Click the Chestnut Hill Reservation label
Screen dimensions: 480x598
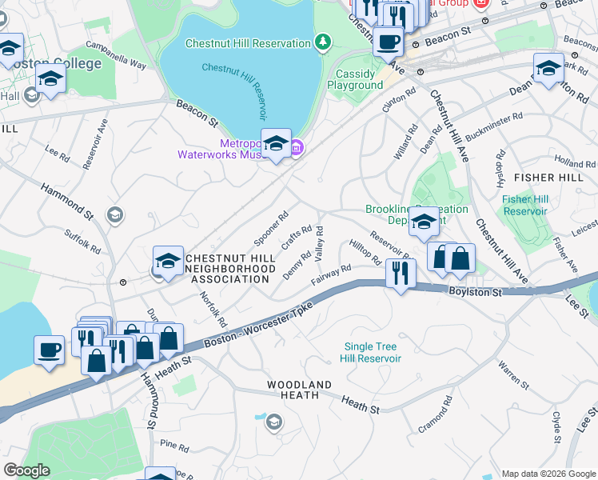pyautogui.click(x=248, y=43)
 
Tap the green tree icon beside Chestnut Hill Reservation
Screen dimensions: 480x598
pyautogui.click(x=323, y=42)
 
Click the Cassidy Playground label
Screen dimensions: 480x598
pyautogui.click(x=355, y=79)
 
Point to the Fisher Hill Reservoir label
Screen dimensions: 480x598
pyautogui.click(x=524, y=205)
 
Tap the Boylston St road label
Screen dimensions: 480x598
pyautogui.click(x=474, y=293)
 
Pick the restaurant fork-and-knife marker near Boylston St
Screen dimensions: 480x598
pyautogui.click(x=400, y=274)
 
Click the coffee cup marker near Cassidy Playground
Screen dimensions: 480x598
pyautogui.click(x=389, y=42)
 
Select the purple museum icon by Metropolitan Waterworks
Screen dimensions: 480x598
pyautogui.click(x=296, y=147)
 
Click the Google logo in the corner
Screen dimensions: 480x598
pyautogui.click(x=26, y=470)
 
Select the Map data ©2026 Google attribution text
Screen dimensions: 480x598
pyautogui.click(x=548, y=474)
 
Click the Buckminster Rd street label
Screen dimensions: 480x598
pyautogui.click(x=493, y=126)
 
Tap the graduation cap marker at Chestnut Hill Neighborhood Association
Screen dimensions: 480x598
pyautogui.click(x=168, y=261)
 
